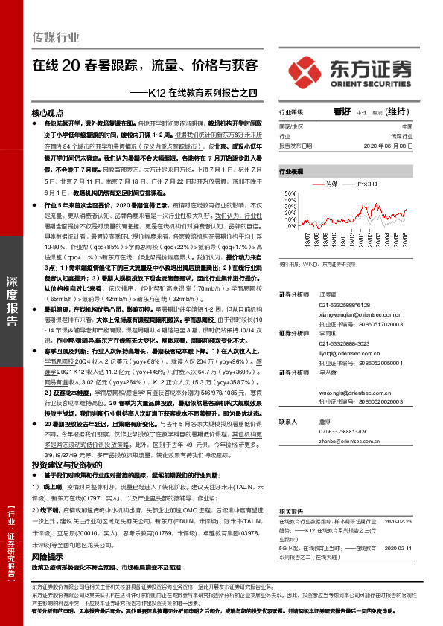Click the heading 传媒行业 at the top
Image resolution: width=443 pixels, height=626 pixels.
55,34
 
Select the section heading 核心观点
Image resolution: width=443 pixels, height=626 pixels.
48,112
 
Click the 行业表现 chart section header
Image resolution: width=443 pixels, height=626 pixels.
292,171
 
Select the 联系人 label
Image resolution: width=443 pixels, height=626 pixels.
287,421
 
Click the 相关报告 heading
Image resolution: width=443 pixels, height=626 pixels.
292,513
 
